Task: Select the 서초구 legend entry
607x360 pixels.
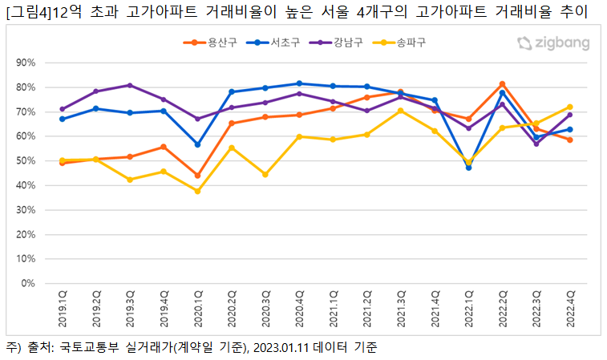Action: click(x=277, y=42)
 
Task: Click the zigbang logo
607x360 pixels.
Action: click(x=552, y=43)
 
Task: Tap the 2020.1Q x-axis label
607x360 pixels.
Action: click(x=198, y=309)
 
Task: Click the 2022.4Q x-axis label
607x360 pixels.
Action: click(x=570, y=309)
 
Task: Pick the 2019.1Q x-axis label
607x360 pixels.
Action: click(x=63, y=309)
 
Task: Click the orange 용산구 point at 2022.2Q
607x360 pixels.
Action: click(x=502, y=84)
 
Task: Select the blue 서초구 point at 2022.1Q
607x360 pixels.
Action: click(x=468, y=168)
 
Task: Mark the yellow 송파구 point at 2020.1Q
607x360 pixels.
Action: click(x=197, y=191)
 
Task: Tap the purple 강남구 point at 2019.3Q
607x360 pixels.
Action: click(x=130, y=85)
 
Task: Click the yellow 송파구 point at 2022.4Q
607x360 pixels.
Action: click(x=569, y=107)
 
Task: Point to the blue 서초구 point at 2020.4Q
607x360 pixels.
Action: click(x=299, y=83)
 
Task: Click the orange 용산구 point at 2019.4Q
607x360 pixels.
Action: click(x=164, y=147)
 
